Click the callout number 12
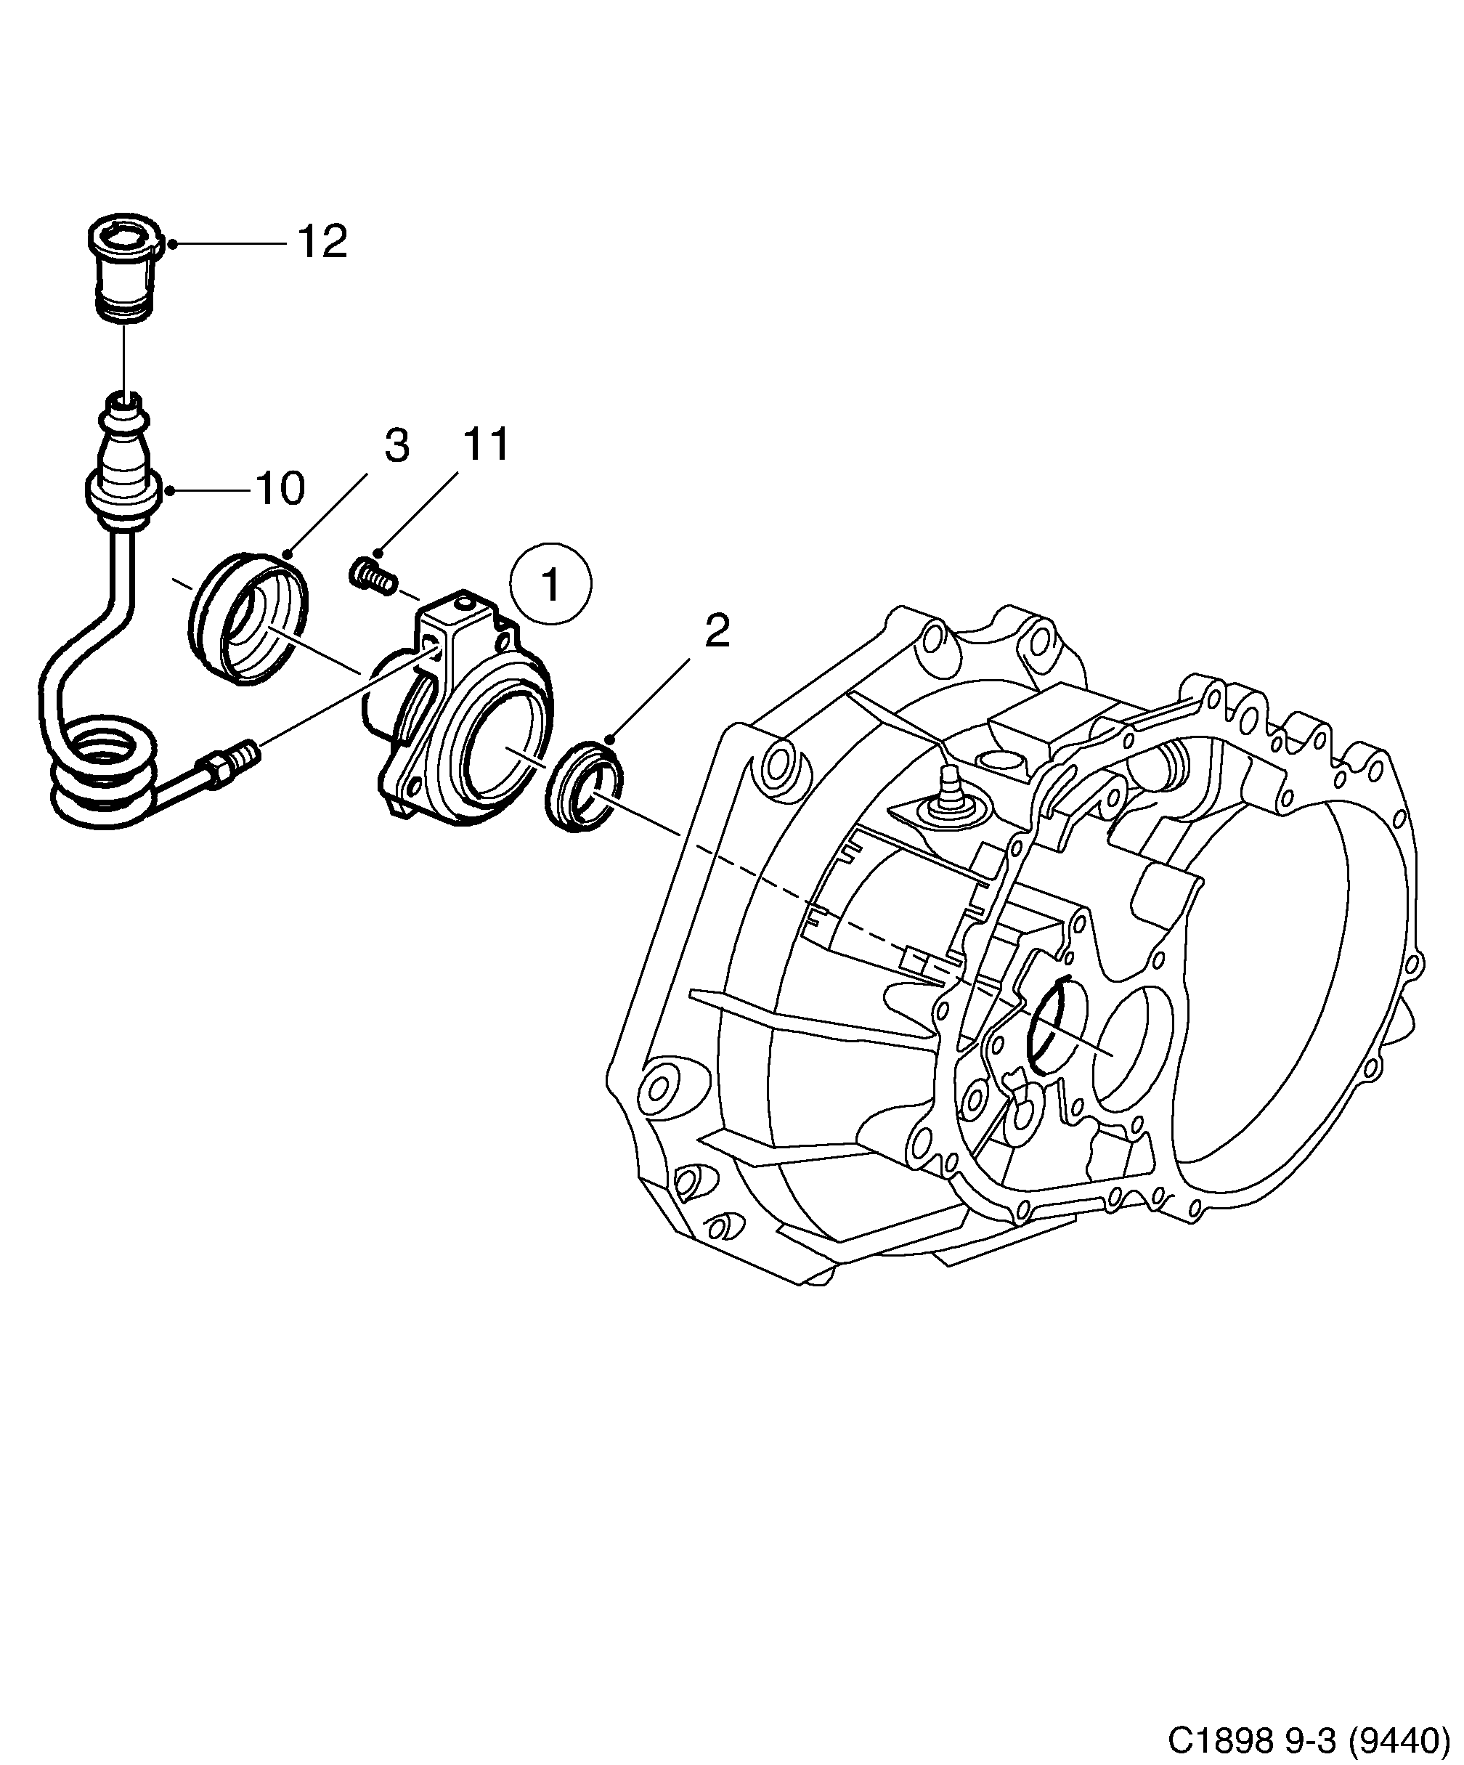click(322, 243)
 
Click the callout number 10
click(280, 489)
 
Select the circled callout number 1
click(552, 584)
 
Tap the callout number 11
click(487, 445)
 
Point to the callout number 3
click(396, 446)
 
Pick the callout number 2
click(717, 631)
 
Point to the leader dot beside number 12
click(171, 244)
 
